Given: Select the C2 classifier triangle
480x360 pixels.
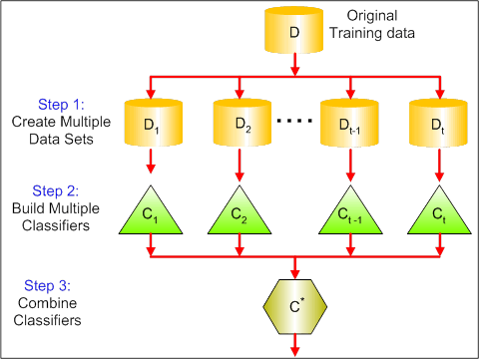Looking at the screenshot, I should pyautogui.click(x=240, y=212).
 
